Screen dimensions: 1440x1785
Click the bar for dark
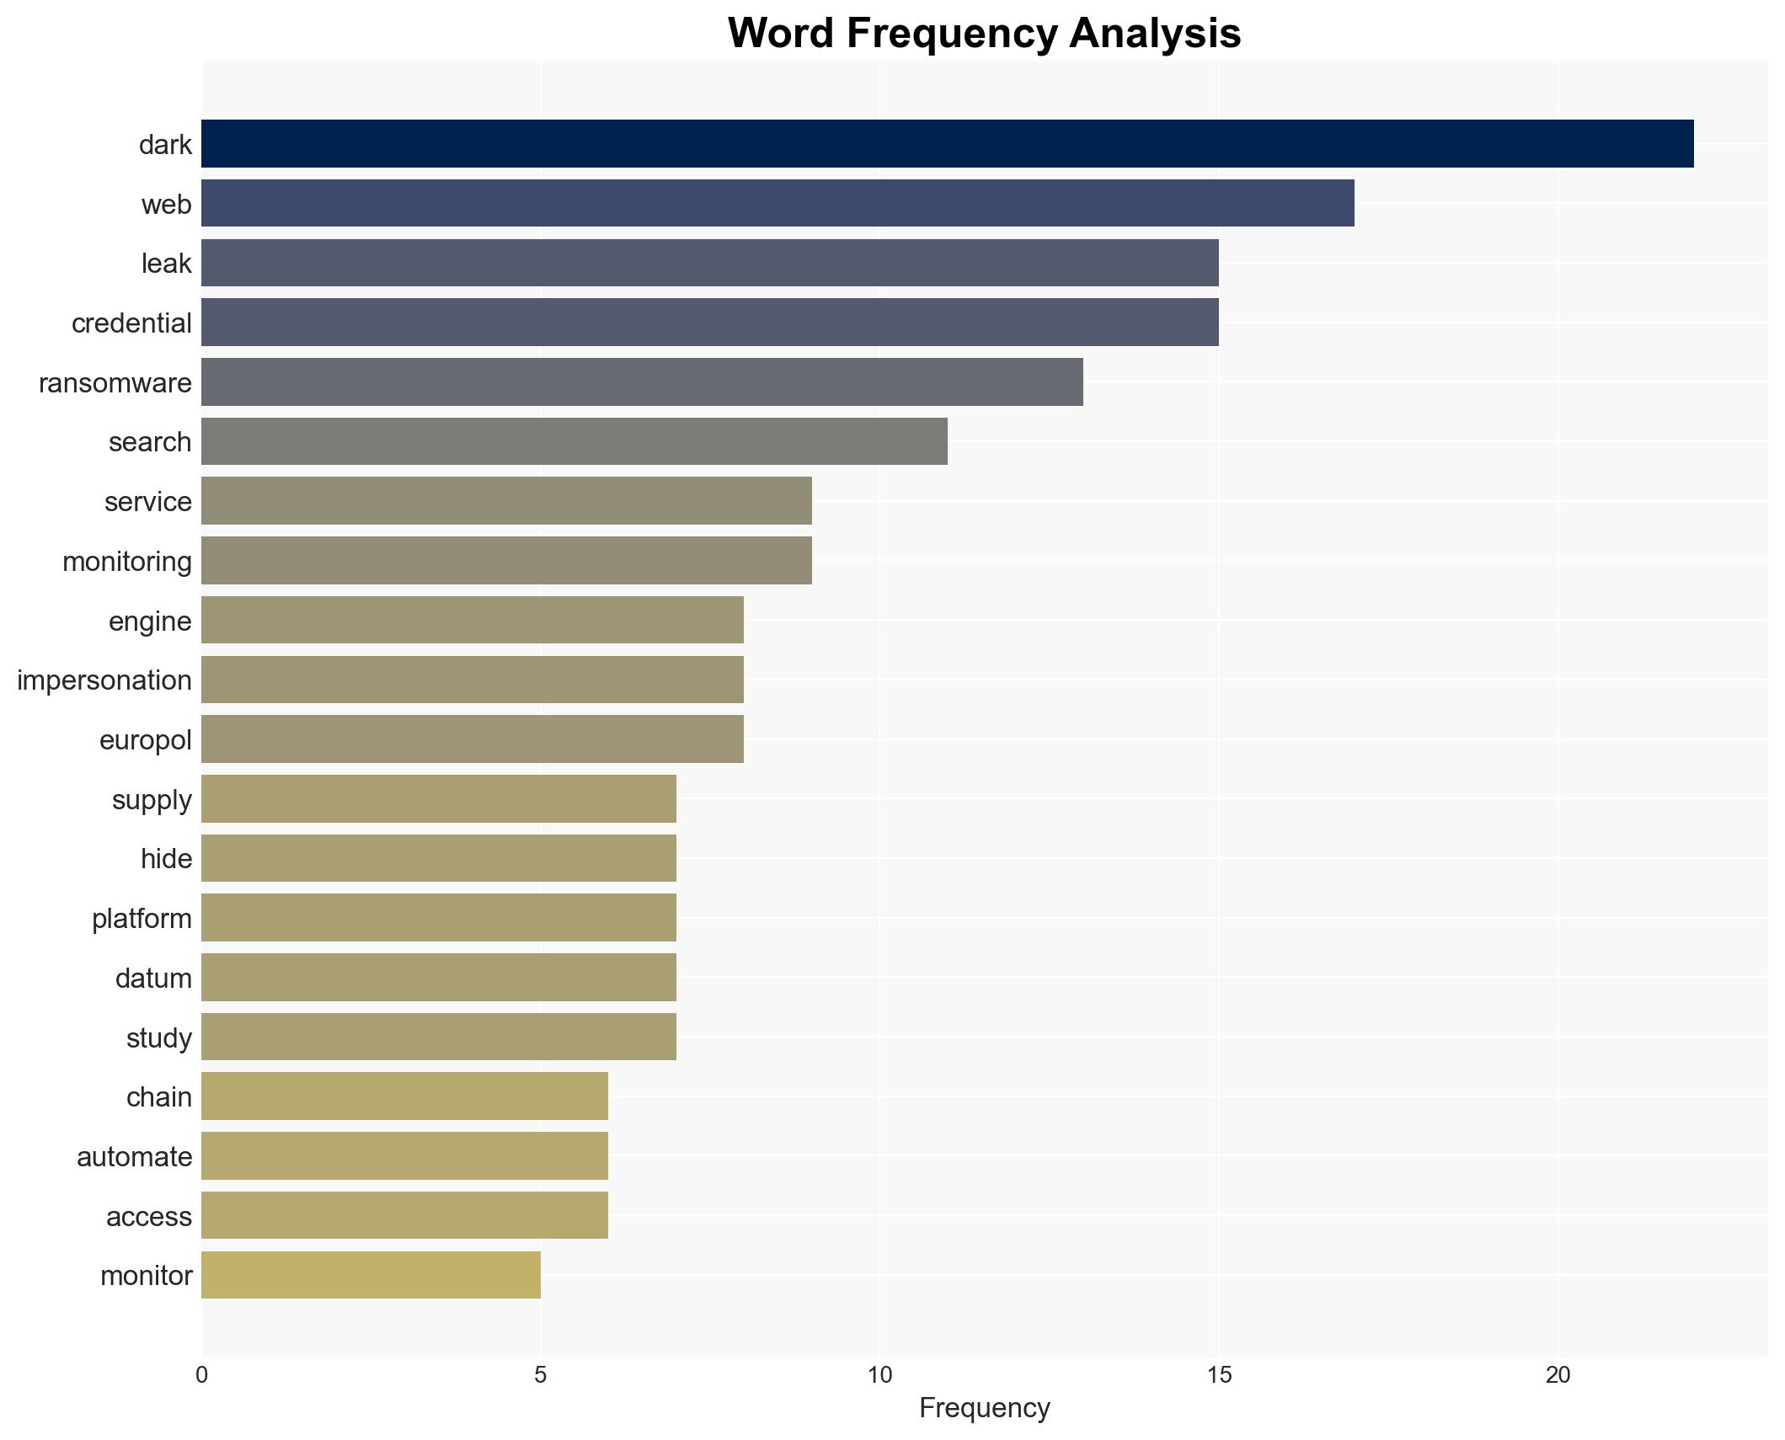(947, 144)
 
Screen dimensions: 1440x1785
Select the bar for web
(778, 204)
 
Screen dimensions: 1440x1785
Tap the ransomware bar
(642, 382)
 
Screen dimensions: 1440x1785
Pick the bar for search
(574, 441)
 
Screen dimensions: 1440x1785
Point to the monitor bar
(371, 1275)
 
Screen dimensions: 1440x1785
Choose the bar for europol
(472, 739)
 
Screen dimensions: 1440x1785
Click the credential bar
(709, 323)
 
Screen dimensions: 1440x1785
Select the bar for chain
(404, 1096)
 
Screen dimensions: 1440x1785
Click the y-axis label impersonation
(104, 680)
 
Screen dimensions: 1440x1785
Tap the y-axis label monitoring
(127, 562)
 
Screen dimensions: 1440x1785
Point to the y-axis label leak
(166, 264)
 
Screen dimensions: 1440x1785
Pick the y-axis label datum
(153, 979)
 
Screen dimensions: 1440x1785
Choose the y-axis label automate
(134, 1157)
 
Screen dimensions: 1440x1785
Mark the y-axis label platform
(142, 919)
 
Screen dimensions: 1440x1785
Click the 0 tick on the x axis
(201, 1375)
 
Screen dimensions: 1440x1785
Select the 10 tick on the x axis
(879, 1375)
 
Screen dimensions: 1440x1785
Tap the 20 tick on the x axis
(1558, 1375)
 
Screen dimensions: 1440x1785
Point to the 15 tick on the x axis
(1219, 1375)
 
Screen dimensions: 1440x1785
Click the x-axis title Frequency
(984, 1408)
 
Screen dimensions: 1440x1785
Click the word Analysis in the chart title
(1155, 34)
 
